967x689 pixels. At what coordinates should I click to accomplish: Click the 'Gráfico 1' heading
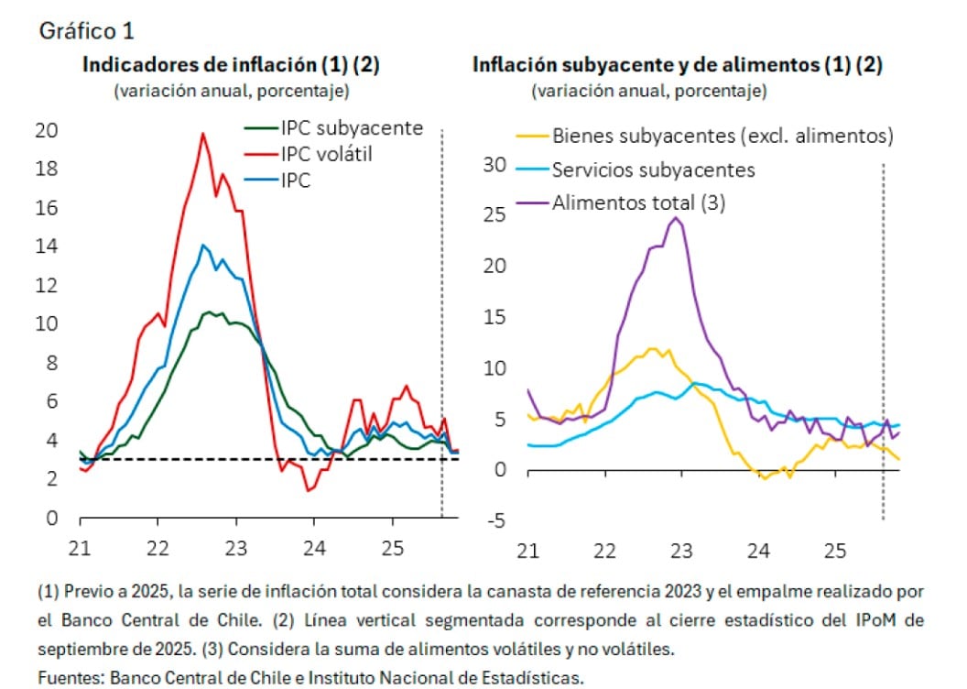(87, 30)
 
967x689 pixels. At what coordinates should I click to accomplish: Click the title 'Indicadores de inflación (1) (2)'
(231, 65)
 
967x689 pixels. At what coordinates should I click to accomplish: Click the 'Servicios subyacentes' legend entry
(654, 170)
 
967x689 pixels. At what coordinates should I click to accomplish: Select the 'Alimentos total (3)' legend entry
(638, 202)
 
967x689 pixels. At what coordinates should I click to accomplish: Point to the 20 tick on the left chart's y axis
(46, 130)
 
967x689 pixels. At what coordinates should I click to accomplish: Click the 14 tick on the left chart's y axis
(46, 246)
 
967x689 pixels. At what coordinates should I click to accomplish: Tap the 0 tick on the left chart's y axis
(51, 518)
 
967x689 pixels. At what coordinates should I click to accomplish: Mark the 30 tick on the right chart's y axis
(494, 165)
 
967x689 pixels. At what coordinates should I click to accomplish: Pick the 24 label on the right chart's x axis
(757, 552)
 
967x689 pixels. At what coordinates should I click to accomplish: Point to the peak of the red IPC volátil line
(202, 134)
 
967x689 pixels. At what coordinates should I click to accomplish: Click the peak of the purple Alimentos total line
(676, 217)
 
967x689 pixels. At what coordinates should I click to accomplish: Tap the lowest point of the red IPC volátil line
(309, 490)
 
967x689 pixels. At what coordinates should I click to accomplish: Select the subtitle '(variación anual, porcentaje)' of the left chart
(231, 91)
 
